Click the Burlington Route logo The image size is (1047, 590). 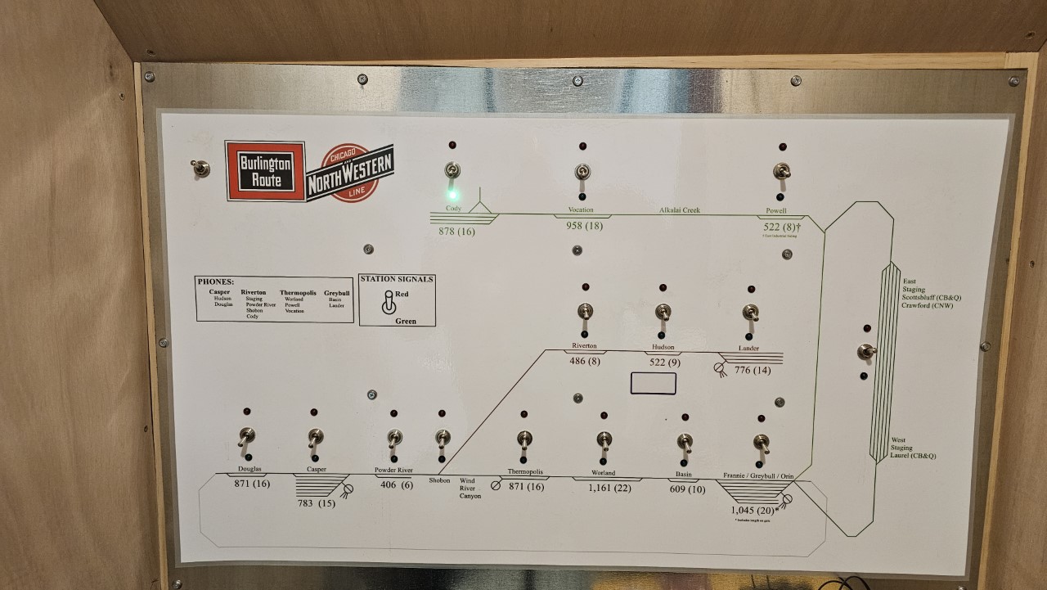coord(265,171)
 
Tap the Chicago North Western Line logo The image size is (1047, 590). coord(350,173)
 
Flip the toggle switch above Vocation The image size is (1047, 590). coord(582,172)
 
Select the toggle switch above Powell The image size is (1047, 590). coord(780,172)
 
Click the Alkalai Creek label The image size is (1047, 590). coord(680,210)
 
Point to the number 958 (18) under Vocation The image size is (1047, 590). coord(584,226)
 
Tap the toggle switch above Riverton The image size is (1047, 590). coord(585,312)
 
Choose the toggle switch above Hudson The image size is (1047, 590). coord(663,312)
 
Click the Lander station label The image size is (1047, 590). coord(748,349)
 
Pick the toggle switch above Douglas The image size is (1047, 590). coord(246,436)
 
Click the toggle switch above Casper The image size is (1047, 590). coord(315,437)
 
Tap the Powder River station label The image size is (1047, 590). coord(393,471)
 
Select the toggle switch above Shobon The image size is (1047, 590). coord(443,438)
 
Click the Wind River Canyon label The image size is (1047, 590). coord(470,489)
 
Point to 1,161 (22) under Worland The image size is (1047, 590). coord(609,489)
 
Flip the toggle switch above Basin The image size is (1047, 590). coord(685,442)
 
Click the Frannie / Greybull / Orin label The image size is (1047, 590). coord(758,475)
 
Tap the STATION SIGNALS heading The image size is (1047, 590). coord(397,279)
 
